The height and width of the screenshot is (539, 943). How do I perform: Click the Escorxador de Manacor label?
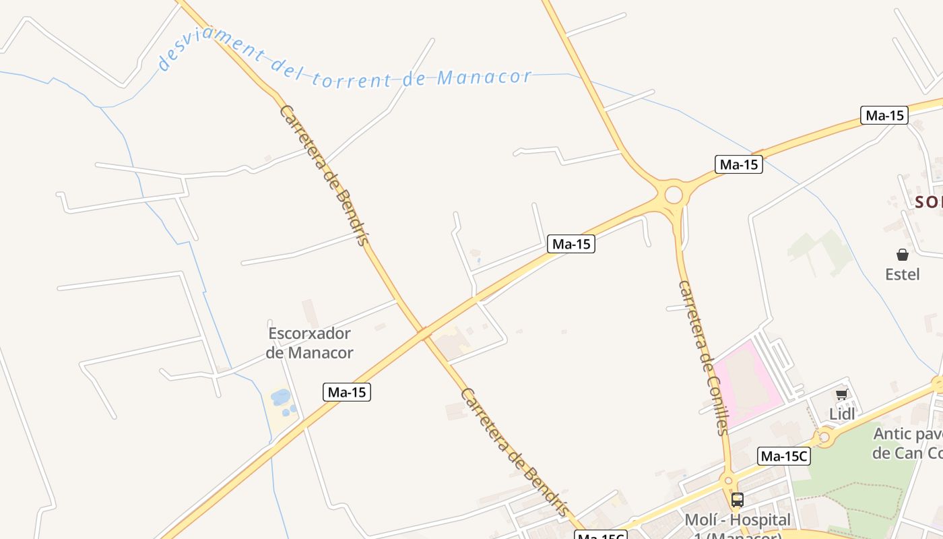(309, 342)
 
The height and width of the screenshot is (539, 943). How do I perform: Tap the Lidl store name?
(841, 414)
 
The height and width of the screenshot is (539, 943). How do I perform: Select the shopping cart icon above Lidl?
(841, 395)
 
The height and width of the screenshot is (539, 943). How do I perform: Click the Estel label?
(902, 274)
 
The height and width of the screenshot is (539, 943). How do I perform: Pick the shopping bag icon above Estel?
(903, 255)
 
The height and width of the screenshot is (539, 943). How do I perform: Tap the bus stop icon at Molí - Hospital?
(738, 500)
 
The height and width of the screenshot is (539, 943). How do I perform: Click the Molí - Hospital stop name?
(737, 520)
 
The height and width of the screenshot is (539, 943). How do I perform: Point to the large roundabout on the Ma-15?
(673, 195)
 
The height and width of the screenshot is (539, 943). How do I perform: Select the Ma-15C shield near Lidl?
(784, 456)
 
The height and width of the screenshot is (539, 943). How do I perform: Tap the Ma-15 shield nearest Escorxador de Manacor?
(347, 392)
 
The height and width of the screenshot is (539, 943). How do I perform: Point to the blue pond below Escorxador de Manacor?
(280, 397)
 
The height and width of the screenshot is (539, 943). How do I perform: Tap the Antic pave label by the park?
(907, 443)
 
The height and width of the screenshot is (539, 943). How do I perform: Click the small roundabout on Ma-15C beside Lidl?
(824, 438)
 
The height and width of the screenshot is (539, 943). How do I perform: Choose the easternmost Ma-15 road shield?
(884, 115)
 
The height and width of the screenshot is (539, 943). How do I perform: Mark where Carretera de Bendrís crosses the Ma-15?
(422, 332)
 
